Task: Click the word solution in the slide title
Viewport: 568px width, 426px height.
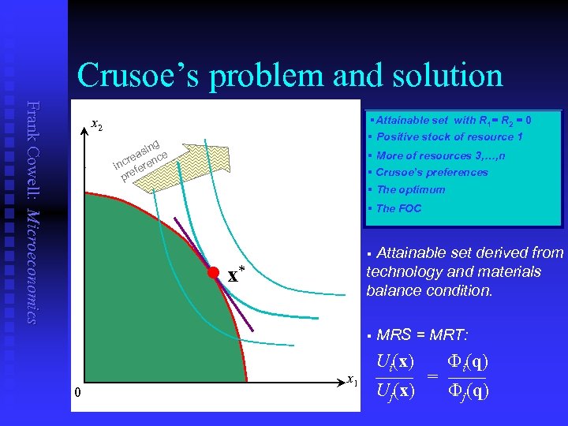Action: (438, 76)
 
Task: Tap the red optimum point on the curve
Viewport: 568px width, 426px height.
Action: (213, 273)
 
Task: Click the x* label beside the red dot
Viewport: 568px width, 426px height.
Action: (236, 275)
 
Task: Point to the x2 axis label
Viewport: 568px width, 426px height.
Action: (95, 124)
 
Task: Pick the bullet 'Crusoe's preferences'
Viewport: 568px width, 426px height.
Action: (432, 172)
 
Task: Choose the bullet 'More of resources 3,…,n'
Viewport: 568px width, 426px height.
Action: (441, 155)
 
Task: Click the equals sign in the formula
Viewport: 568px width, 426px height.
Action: (432, 377)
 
